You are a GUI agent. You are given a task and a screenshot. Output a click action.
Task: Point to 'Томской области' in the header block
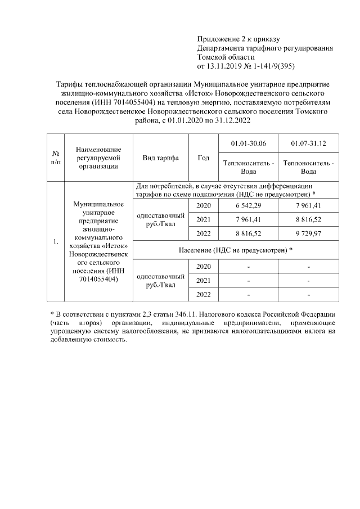(x=226, y=57)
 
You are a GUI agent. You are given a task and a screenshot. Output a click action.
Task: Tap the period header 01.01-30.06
(x=249, y=145)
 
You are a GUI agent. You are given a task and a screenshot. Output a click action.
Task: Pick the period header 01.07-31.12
(x=309, y=145)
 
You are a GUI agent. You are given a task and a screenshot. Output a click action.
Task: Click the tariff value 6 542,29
(x=249, y=205)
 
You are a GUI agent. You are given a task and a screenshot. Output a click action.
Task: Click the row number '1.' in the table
(x=56, y=242)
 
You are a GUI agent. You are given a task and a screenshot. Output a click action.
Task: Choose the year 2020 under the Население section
(x=204, y=265)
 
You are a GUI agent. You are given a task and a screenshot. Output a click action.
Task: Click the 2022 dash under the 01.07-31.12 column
(x=309, y=294)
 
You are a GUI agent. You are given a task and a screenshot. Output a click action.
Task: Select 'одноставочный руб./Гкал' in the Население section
(x=160, y=280)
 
